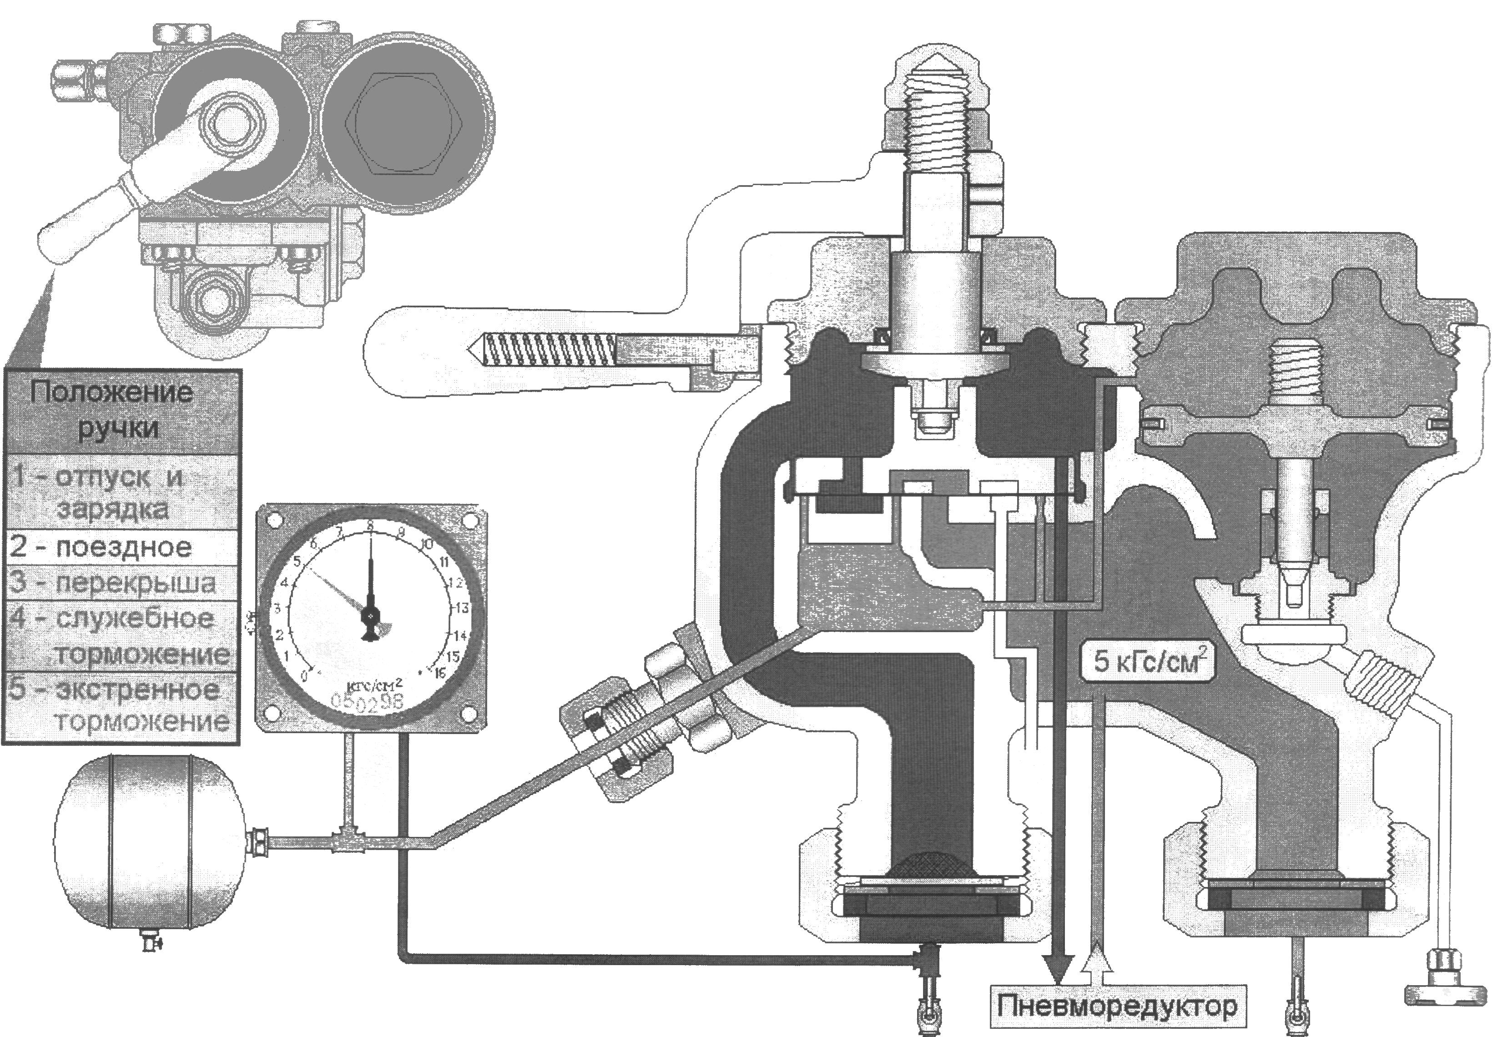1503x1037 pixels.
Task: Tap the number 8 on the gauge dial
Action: tap(370, 526)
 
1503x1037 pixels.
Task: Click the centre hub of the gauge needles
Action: tap(370, 614)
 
